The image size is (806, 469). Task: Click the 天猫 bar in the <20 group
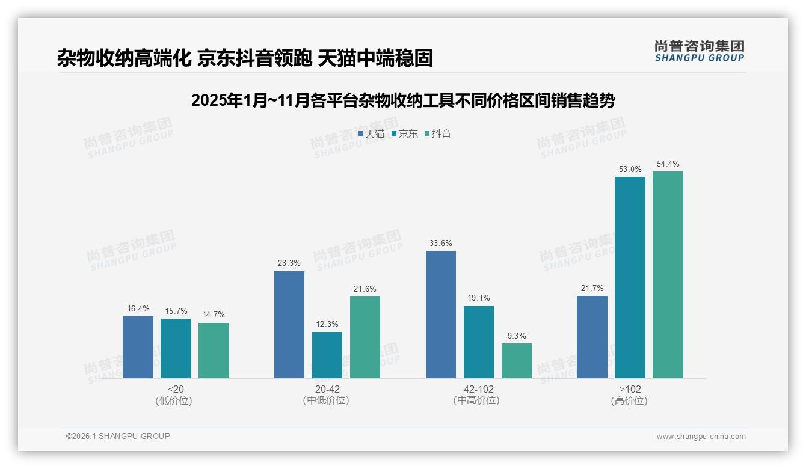pyautogui.click(x=138, y=347)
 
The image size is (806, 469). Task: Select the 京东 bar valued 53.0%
pyautogui.click(x=630, y=277)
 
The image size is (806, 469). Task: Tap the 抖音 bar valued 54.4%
pyautogui.click(x=668, y=275)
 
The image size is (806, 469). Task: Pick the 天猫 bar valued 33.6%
pyautogui.click(x=441, y=314)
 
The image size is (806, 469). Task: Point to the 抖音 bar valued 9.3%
pyautogui.click(x=517, y=361)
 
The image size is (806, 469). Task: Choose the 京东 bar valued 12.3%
pyautogui.click(x=327, y=355)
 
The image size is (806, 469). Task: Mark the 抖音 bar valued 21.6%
pyautogui.click(x=365, y=337)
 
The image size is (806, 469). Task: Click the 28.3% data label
pyautogui.click(x=289, y=263)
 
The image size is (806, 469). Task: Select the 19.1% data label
pyautogui.click(x=479, y=298)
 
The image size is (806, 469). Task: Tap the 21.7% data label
pyautogui.click(x=592, y=289)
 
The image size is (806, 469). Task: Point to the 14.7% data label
pyautogui.click(x=214, y=315)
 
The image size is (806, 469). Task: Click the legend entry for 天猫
pyautogui.click(x=371, y=134)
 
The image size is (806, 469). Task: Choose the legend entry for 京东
pyautogui.click(x=405, y=134)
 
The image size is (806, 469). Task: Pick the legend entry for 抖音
pyautogui.click(x=438, y=134)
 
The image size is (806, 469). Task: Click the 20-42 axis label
pyautogui.click(x=327, y=390)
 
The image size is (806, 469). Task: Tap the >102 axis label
pyautogui.click(x=630, y=390)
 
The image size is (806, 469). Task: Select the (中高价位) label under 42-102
pyautogui.click(x=476, y=400)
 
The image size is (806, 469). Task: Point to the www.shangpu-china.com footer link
pyautogui.click(x=701, y=437)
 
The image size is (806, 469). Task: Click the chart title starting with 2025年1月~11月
pyautogui.click(x=403, y=100)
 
